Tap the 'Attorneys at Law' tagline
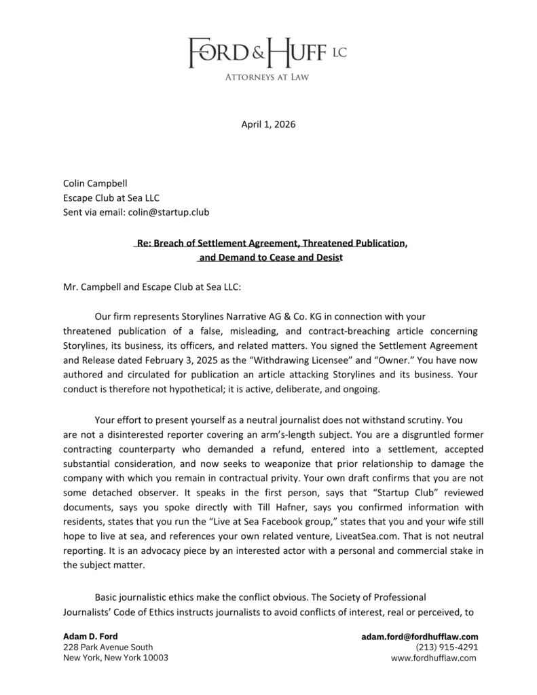click(267, 77)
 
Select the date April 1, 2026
click(268, 125)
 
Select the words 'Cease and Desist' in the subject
click(304, 257)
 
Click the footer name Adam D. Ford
click(90, 637)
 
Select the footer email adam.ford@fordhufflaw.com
click(420, 637)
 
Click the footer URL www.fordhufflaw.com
click(434, 658)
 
